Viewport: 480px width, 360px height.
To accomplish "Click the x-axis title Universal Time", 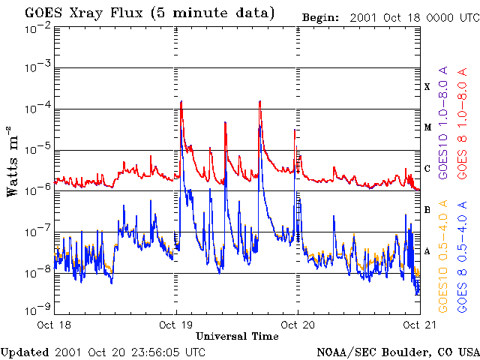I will [x=238, y=336].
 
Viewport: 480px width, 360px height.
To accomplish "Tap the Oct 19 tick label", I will [x=178, y=325].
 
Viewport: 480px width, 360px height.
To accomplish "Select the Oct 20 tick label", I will [x=298, y=325].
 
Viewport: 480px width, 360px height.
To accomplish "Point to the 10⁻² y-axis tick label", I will [x=37, y=28].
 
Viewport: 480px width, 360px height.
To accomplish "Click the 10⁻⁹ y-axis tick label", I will [x=37, y=307].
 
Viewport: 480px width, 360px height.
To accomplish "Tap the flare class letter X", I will [x=427, y=87].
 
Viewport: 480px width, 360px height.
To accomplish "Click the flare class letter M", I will [x=427, y=127].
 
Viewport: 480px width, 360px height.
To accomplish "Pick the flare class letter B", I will [x=427, y=210].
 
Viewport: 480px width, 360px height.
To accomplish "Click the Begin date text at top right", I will [x=389, y=16].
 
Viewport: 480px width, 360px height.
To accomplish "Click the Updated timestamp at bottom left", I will [x=103, y=352].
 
